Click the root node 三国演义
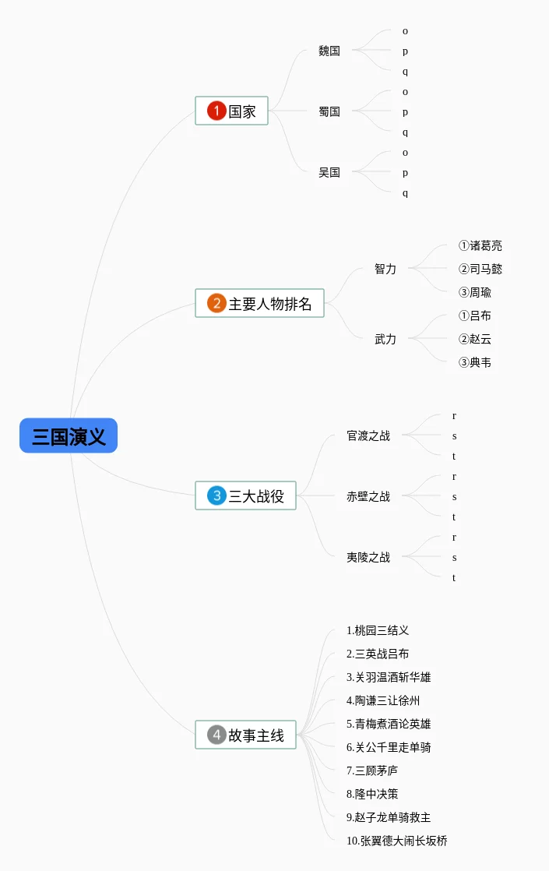(x=69, y=436)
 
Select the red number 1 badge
(x=216, y=111)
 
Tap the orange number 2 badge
(x=216, y=303)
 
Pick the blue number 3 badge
(x=216, y=495)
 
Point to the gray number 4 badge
(x=216, y=734)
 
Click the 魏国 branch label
(x=329, y=51)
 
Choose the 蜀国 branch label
(x=329, y=111)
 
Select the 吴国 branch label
(x=329, y=172)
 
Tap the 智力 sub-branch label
(x=385, y=269)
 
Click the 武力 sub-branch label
(x=385, y=339)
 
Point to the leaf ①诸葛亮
(x=480, y=245)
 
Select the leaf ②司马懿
(x=480, y=269)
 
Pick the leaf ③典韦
(x=475, y=362)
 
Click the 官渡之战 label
(x=368, y=436)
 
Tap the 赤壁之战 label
(x=368, y=496)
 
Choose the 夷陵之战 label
(x=368, y=557)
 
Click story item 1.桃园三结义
(x=378, y=630)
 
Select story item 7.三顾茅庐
(x=372, y=770)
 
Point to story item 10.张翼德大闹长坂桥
(x=397, y=841)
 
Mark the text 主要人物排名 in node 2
(x=270, y=303)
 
